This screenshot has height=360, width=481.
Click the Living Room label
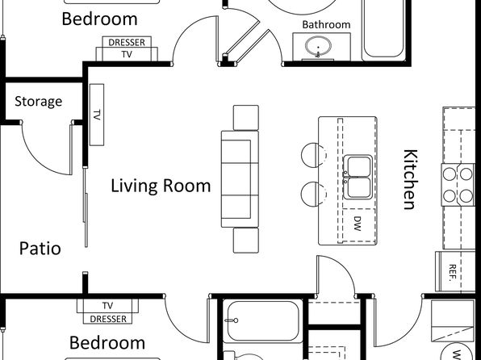161,186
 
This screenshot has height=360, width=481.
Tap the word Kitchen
411,179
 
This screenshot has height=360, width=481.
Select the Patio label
40,249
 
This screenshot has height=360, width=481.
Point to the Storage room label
39,101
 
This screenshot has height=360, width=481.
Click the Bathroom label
326,24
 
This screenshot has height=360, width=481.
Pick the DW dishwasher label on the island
358,224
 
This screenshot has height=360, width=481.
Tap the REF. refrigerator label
452,273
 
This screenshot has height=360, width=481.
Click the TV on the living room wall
97,115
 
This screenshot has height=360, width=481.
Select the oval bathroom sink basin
319,47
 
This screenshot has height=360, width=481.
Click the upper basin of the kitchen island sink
358,166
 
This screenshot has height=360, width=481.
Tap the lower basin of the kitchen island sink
358,187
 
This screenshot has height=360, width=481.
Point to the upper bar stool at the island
313,155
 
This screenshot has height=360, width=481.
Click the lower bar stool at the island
313,194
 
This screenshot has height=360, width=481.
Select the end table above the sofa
246,118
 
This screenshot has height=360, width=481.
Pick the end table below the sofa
246,241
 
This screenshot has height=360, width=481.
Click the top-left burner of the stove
450,174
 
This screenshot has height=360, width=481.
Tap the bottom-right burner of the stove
466,195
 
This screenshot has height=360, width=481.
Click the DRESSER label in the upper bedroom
127,42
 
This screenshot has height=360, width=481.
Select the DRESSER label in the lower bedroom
108,319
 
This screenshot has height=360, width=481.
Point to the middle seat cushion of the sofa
236,179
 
